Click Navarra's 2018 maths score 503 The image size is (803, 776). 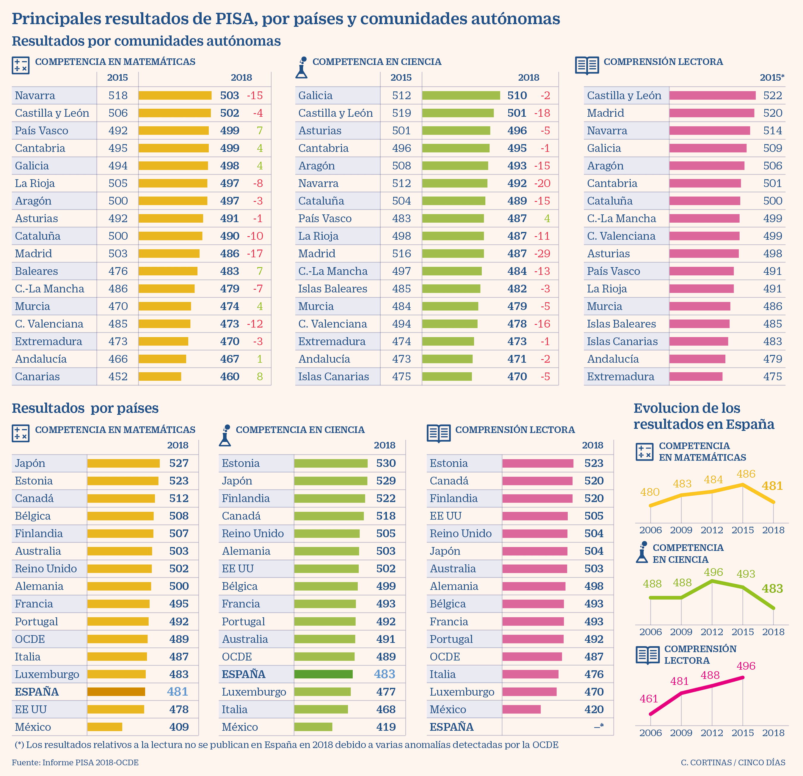click(229, 96)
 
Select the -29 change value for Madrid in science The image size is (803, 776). click(542, 254)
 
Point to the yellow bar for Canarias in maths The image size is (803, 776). click(160, 377)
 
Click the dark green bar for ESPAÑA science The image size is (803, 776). click(323, 674)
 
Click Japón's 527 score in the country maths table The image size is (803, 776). click(179, 463)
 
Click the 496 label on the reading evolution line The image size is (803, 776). click(746, 666)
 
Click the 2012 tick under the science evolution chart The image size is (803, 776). click(712, 632)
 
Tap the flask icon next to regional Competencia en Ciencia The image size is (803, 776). click(302, 67)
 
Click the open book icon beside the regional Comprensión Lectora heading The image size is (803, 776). click(587, 65)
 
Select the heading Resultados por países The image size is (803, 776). click(85, 408)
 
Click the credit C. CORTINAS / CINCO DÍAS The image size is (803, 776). click(733, 763)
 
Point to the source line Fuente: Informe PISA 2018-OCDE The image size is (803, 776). click(75, 763)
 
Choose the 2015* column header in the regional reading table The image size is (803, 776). click(772, 77)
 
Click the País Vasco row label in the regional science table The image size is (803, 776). click(324, 218)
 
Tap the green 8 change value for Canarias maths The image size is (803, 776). click(259, 377)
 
